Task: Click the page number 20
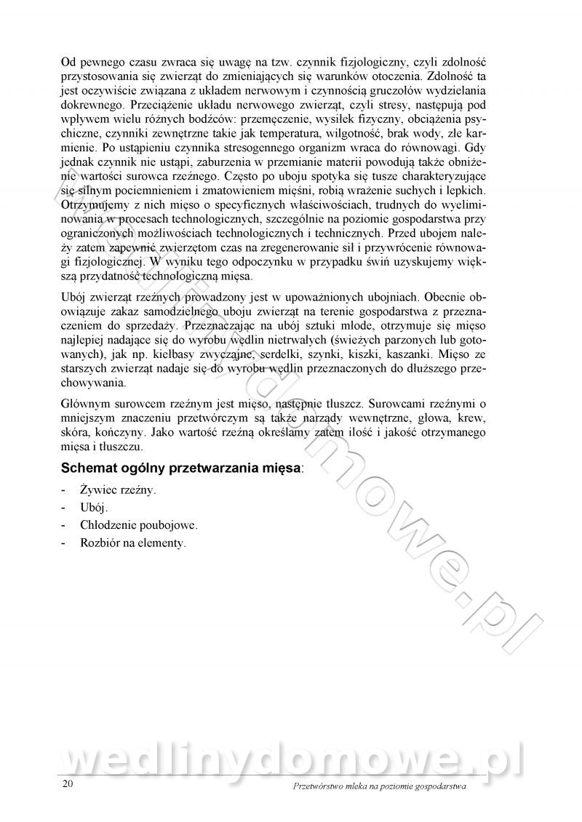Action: (68, 784)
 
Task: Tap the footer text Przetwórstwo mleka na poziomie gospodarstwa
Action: (378, 786)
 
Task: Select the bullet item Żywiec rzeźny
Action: (119, 490)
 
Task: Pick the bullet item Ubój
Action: (95, 508)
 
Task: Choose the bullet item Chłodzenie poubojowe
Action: (139, 525)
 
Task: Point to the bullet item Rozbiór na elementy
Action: (133, 543)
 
